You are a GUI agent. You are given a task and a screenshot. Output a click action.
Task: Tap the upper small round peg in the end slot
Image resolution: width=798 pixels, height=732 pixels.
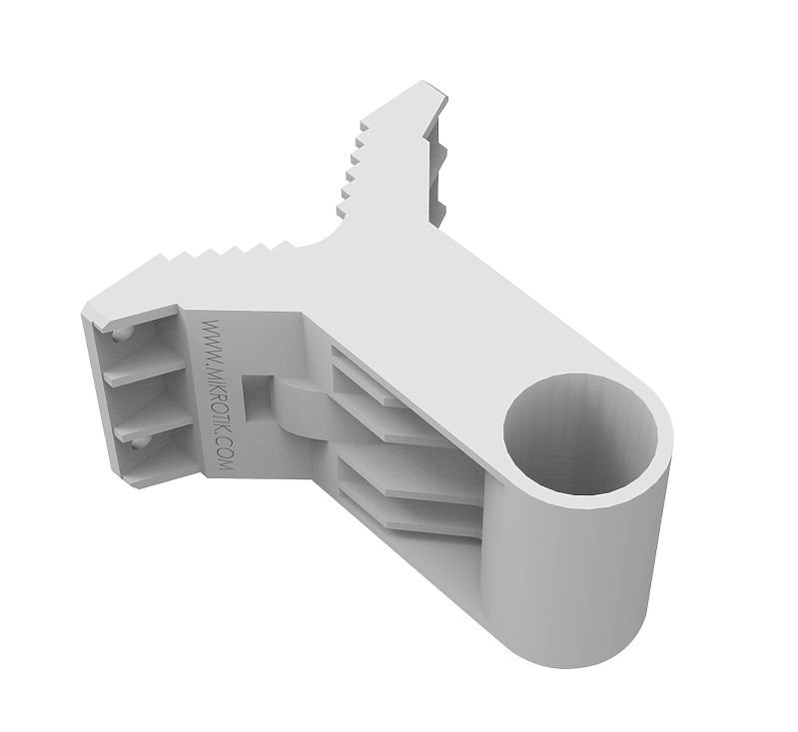click(x=120, y=335)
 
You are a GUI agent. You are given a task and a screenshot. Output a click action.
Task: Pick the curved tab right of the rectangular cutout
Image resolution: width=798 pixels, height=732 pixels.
click(x=300, y=404)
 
